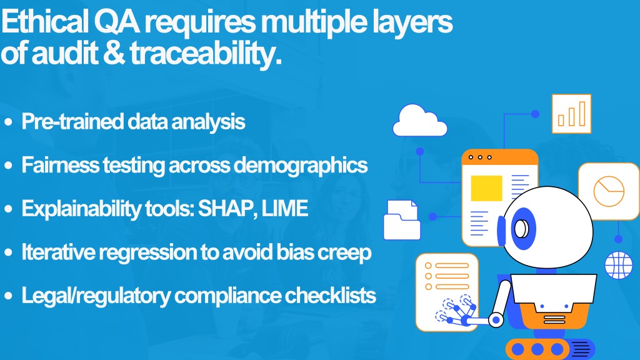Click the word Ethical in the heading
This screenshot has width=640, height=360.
click(45, 22)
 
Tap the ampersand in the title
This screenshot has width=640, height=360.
click(114, 53)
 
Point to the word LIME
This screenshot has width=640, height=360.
click(284, 208)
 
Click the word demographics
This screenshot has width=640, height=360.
click(301, 166)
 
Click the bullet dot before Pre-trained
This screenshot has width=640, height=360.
click(8, 122)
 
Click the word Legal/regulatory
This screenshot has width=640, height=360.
click(96, 296)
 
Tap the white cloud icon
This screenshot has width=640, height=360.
click(419, 121)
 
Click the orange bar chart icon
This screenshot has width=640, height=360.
click(571, 114)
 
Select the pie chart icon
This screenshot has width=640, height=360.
click(609, 191)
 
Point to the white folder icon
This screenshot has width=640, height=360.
click(402, 220)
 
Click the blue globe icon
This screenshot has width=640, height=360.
click(618, 265)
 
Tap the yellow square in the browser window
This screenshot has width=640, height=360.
click(486, 188)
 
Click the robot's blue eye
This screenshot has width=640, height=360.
click(522, 229)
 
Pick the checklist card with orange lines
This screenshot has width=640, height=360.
click(447, 291)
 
